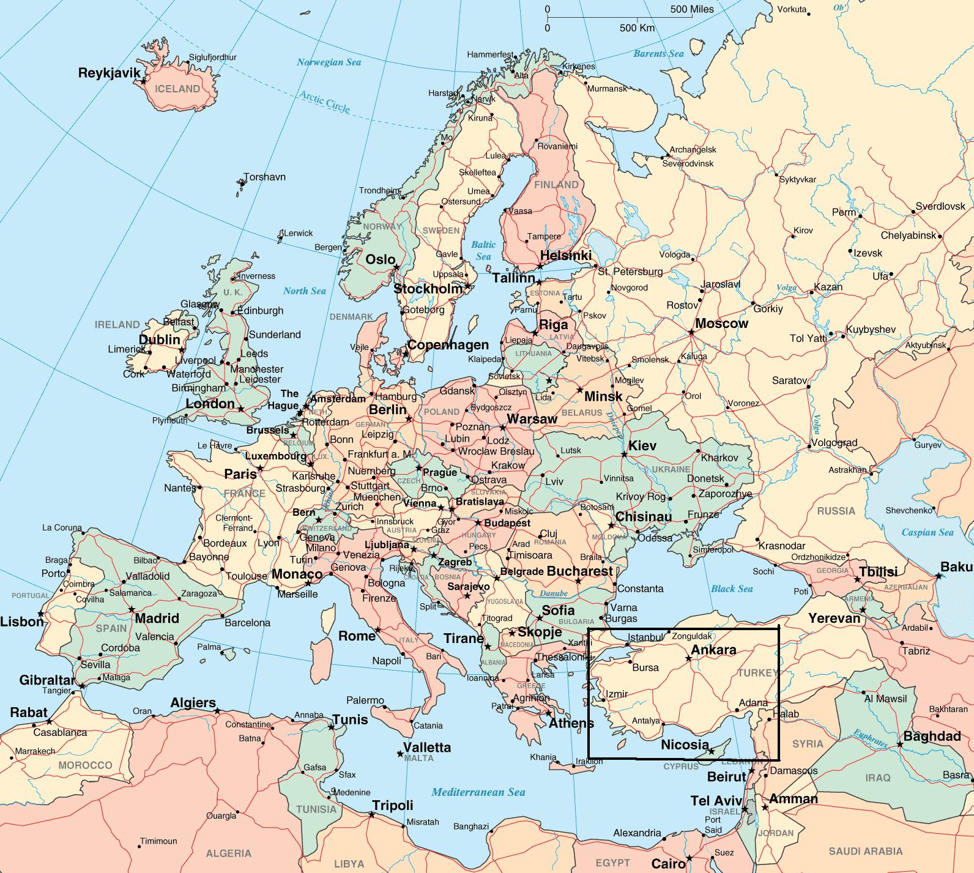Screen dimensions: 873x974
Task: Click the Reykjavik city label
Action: click(x=110, y=73)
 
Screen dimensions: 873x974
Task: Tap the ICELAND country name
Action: click(x=177, y=89)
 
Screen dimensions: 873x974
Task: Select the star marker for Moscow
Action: click(x=691, y=332)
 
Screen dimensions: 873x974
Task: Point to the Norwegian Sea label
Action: click(x=329, y=62)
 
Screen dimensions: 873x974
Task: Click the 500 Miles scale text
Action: click(x=692, y=9)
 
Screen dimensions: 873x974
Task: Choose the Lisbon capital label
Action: click(x=22, y=622)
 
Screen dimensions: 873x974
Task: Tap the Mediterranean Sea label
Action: click(x=478, y=792)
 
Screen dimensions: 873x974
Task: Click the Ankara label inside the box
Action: click(x=713, y=650)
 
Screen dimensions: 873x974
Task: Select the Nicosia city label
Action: click(x=685, y=745)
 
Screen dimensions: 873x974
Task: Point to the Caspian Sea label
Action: click(x=928, y=532)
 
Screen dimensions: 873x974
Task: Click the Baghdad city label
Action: click(x=932, y=736)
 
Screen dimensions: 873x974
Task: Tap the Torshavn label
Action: click(x=264, y=177)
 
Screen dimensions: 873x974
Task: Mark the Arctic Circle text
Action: click(x=325, y=102)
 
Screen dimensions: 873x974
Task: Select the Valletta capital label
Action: click(x=427, y=748)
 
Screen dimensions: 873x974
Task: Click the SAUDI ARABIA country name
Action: click(x=866, y=851)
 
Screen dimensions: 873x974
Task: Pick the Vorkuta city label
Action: click(x=792, y=9)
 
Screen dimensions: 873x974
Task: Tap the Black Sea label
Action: click(x=732, y=589)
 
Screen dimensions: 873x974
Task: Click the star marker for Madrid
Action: click(x=132, y=609)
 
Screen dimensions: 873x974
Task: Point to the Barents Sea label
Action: click(x=658, y=54)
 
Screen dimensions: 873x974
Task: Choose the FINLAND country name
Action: click(x=556, y=185)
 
